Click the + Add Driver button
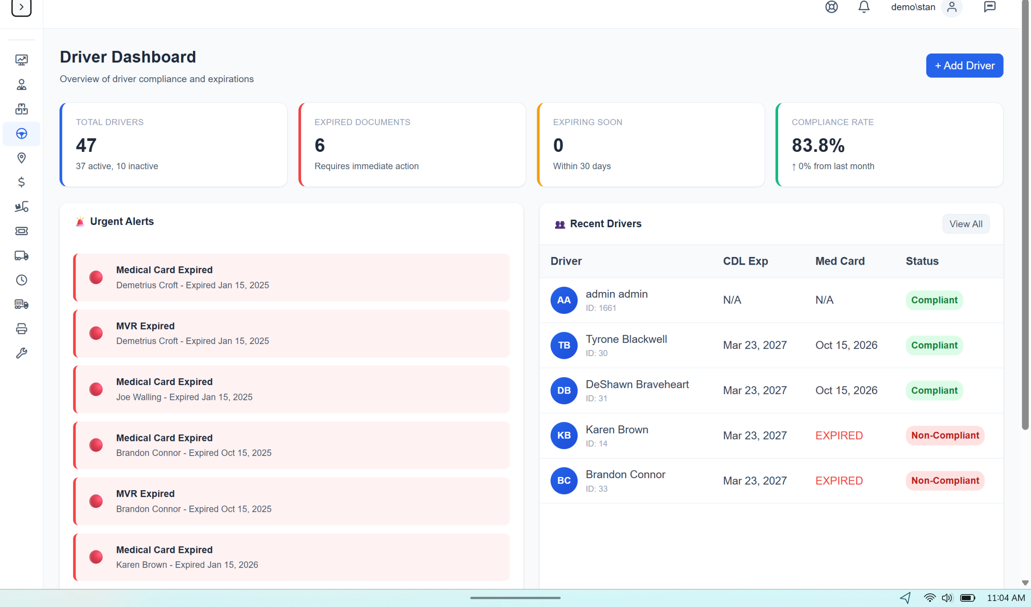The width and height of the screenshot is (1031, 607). pos(964,66)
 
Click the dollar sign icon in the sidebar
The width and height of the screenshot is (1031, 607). pos(21,182)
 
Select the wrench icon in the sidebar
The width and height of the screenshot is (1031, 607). pos(21,353)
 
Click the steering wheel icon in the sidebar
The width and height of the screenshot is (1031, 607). pos(21,134)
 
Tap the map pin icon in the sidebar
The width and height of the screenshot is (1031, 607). pos(21,158)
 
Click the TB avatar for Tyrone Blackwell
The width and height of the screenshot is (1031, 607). pos(563,345)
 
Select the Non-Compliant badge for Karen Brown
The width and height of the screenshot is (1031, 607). pos(945,435)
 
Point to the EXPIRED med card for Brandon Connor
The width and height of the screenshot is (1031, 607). pos(839,481)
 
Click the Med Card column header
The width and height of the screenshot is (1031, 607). pos(840,261)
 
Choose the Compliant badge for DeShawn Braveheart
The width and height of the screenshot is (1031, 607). pos(934,390)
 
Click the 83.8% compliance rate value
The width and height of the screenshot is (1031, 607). pos(818,145)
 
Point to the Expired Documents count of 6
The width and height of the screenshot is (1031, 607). pos(319,145)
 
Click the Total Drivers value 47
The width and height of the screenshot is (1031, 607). pos(86,145)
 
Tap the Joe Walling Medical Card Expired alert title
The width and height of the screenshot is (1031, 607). pos(164,382)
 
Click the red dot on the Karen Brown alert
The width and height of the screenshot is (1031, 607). pos(96,557)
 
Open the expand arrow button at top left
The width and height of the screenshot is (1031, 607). pos(21,7)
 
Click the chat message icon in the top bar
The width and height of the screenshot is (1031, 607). pos(989,7)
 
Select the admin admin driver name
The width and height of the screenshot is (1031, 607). pos(616,294)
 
